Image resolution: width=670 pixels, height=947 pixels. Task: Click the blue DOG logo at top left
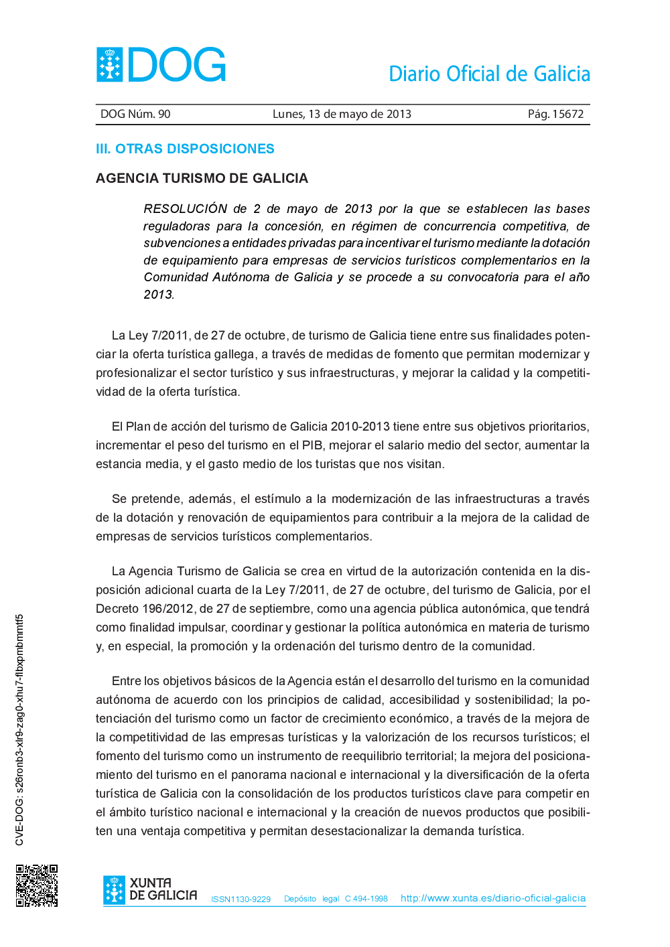pyautogui.click(x=161, y=65)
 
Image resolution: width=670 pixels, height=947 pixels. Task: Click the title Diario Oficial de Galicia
pyautogui.click(x=489, y=74)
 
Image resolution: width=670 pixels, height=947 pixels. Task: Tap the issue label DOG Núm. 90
pyautogui.click(x=135, y=114)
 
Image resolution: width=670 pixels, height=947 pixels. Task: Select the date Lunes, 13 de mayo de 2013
pyautogui.click(x=342, y=114)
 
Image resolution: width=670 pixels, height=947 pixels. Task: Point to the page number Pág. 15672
pyautogui.click(x=555, y=114)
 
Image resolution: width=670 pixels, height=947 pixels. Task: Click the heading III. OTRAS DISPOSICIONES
pyautogui.click(x=185, y=149)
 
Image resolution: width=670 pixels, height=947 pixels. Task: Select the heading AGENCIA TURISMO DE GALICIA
pyautogui.click(x=202, y=178)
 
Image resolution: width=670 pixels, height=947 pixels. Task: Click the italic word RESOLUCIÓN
pyautogui.click(x=186, y=209)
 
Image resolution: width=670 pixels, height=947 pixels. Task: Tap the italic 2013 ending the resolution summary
pyautogui.click(x=158, y=295)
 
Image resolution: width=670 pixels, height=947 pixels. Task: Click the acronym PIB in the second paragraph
pyautogui.click(x=312, y=445)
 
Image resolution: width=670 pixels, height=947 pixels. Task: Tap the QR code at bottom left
pyautogui.click(x=37, y=885)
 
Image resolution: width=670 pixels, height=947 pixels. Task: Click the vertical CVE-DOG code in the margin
pyautogui.click(x=19, y=730)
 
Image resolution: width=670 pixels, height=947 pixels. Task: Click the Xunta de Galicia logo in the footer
pyautogui.click(x=150, y=890)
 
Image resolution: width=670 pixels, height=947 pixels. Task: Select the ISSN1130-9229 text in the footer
pyautogui.click(x=241, y=899)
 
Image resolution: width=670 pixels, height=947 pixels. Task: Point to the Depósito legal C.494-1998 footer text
pyautogui.click(x=336, y=899)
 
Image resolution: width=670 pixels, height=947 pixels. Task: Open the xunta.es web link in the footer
pyautogui.click(x=493, y=898)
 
